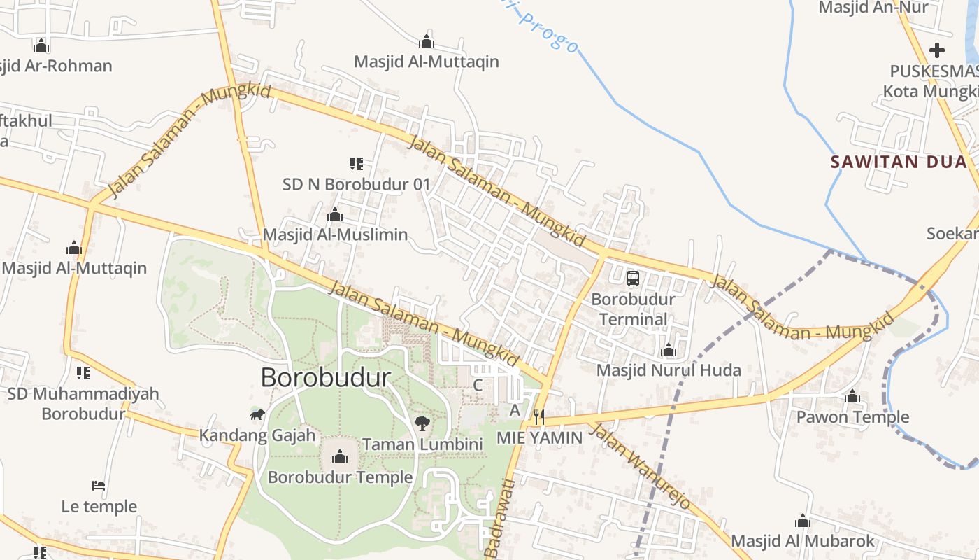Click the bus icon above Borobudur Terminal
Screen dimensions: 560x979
click(633, 279)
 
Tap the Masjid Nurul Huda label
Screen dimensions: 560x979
click(669, 370)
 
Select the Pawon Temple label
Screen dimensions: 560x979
click(852, 417)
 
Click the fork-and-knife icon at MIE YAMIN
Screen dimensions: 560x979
click(538, 417)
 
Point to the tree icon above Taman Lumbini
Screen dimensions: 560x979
click(422, 423)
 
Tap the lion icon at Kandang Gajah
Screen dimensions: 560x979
click(257, 415)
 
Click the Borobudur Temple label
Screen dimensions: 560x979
click(340, 477)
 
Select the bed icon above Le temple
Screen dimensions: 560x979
click(99, 485)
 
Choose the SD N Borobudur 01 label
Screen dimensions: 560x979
click(356, 184)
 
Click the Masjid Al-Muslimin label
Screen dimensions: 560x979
click(335, 234)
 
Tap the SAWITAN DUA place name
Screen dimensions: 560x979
click(898, 162)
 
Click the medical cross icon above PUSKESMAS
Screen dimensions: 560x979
click(937, 50)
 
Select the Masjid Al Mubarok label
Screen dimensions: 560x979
click(803, 541)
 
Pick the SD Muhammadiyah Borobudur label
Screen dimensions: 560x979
click(83, 403)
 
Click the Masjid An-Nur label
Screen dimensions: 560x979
click(873, 8)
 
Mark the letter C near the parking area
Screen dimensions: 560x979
click(478, 385)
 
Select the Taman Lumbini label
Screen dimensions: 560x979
click(422, 444)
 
